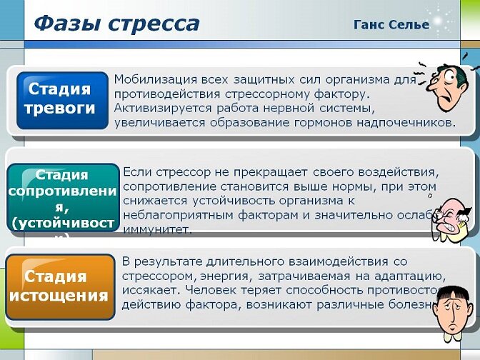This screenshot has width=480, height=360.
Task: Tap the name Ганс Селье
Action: tap(391, 24)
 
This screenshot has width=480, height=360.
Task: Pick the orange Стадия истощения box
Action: tap(60, 286)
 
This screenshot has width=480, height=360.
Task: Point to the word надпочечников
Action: tap(411, 122)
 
